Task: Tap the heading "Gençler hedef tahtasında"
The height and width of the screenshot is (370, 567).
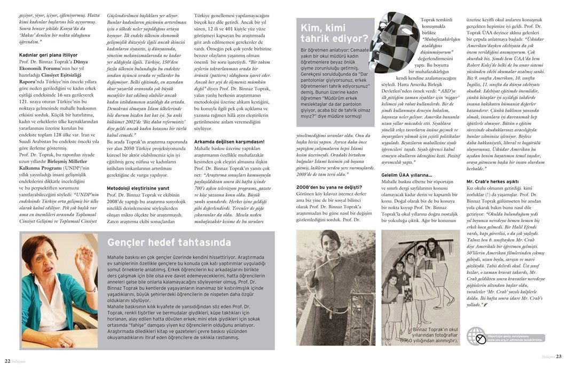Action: click(x=169, y=242)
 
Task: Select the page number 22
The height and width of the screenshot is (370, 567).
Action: click(x=8, y=359)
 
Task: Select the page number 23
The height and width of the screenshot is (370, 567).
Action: click(x=558, y=357)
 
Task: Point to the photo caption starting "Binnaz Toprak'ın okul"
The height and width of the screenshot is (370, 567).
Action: click(x=428, y=337)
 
